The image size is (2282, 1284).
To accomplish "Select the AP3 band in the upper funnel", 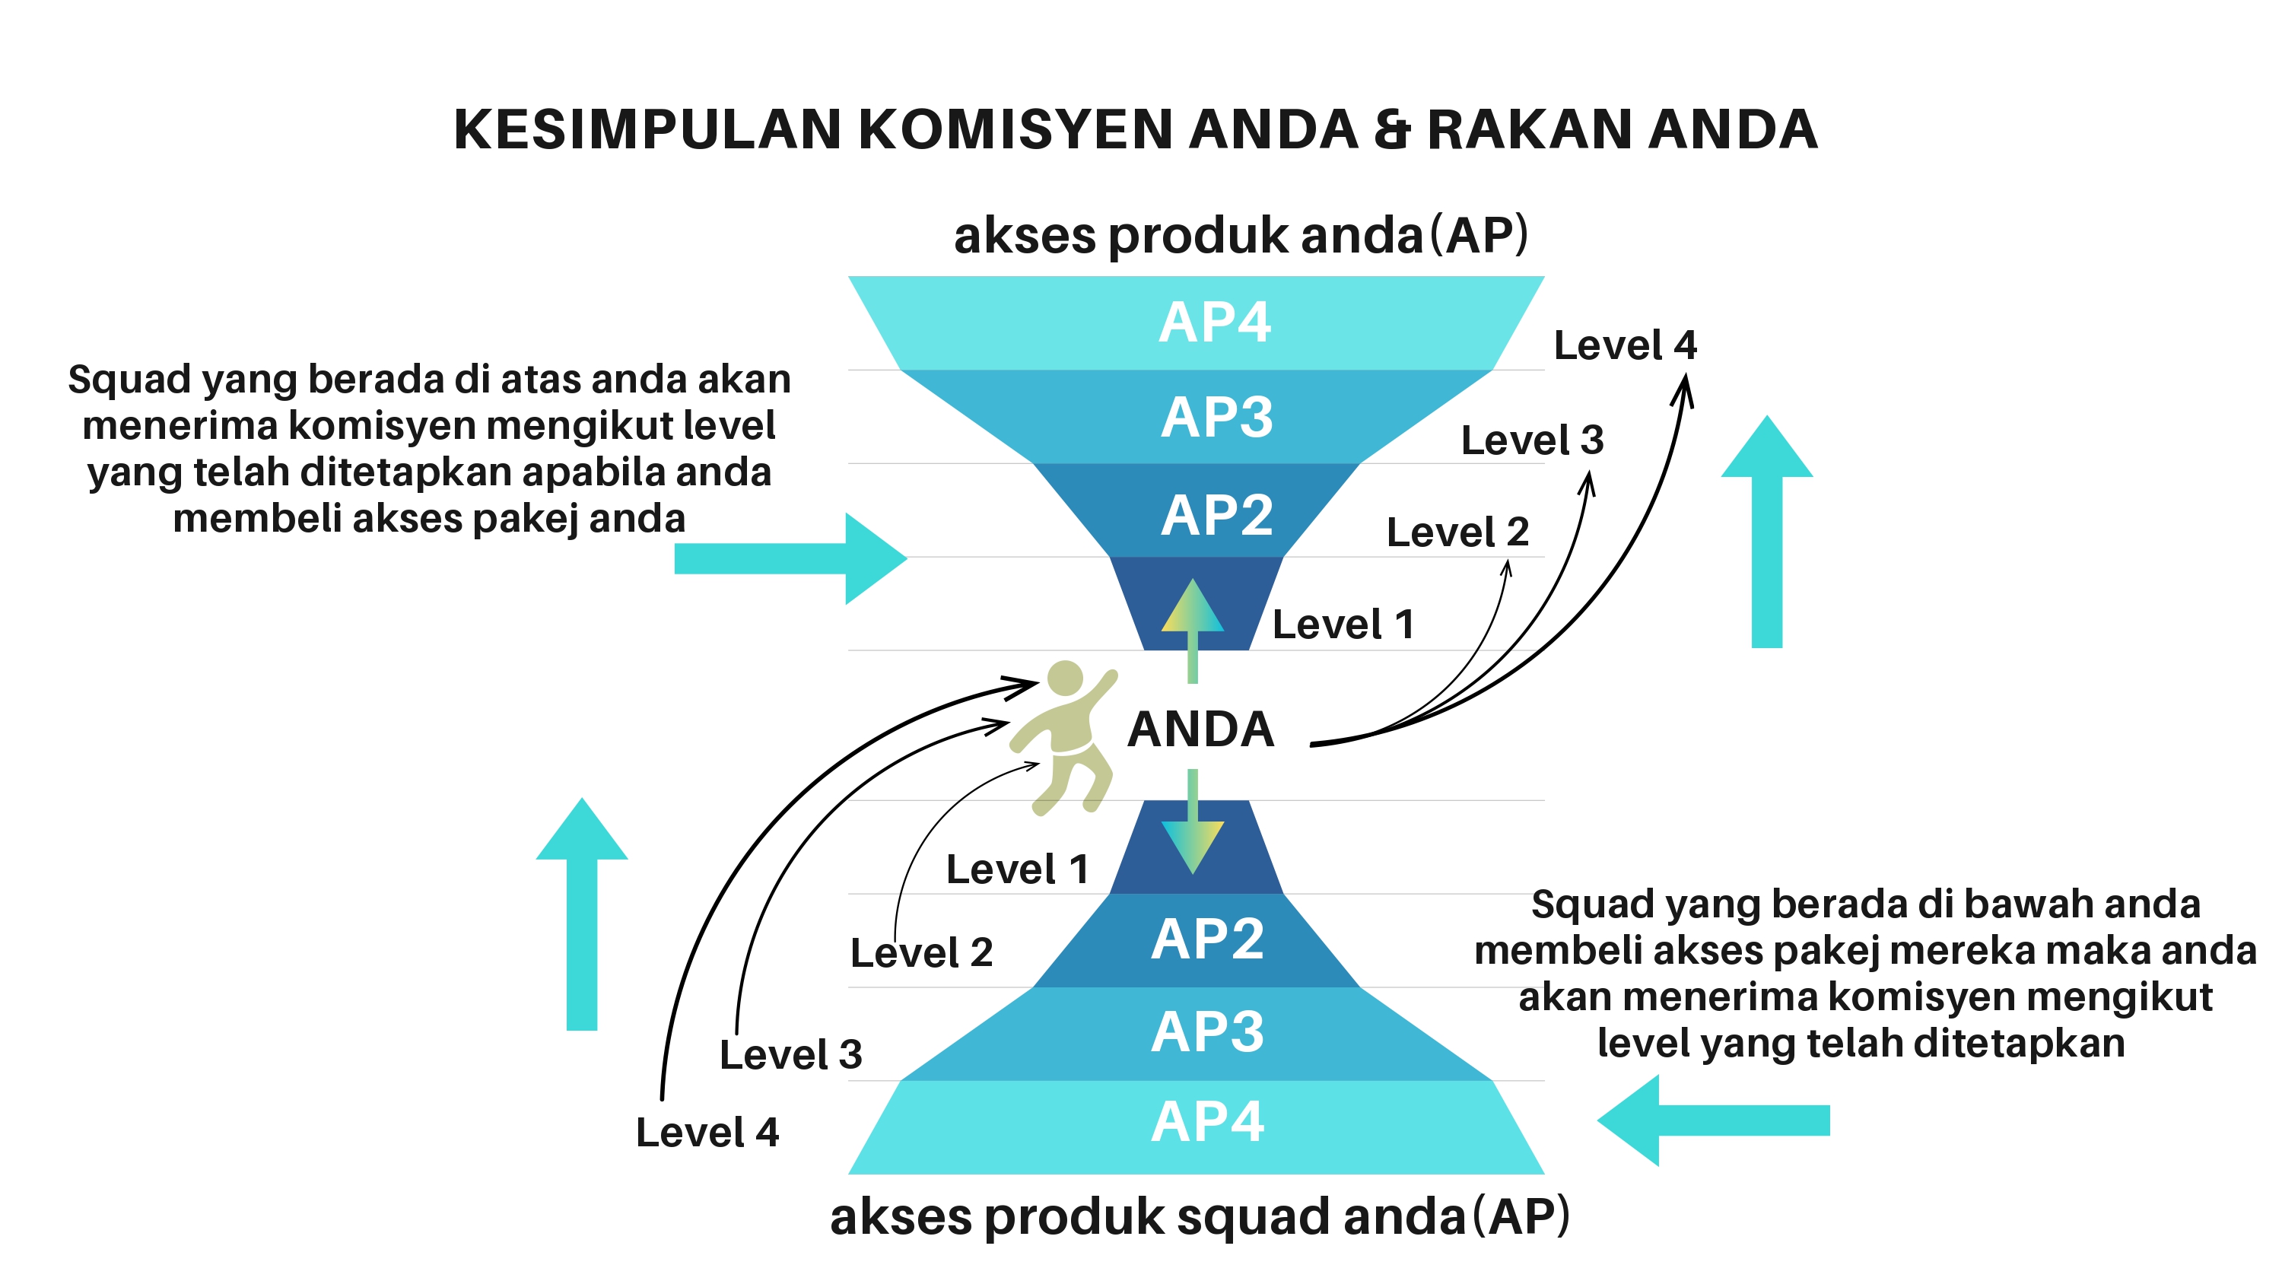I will click(x=1216, y=417).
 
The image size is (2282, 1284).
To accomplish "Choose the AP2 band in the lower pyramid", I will click(x=1206, y=939).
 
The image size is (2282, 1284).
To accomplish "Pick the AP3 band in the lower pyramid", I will click(x=1207, y=1031).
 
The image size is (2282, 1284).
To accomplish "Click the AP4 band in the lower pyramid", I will click(x=1206, y=1122).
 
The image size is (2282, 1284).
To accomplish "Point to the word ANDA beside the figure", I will click(x=1200, y=729).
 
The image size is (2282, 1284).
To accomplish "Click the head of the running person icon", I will click(x=1064, y=679).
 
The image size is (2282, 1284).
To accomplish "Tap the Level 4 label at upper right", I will click(x=1625, y=345).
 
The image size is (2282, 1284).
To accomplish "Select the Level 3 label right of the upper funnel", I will click(x=1532, y=440).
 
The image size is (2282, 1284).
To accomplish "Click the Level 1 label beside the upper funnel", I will click(x=1343, y=625).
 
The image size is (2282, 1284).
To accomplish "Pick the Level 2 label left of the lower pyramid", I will click(x=921, y=952).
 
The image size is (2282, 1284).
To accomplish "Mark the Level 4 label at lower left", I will click(x=707, y=1132).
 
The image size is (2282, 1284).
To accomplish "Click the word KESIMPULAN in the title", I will click(x=647, y=129).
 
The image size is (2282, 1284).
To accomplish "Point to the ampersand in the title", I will click(x=1392, y=129).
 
